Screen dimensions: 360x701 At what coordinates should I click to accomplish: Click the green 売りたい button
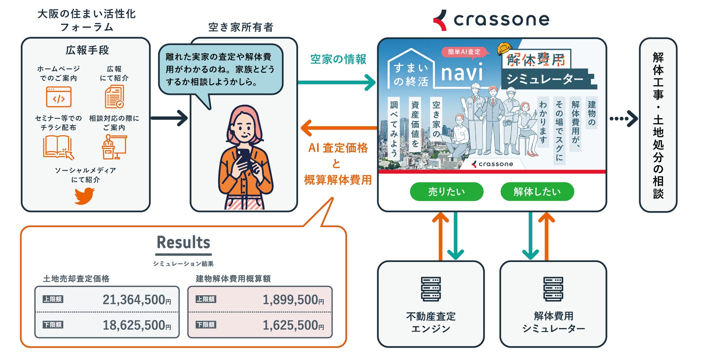(x=446, y=191)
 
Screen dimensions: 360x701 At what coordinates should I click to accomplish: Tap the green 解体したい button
(x=537, y=191)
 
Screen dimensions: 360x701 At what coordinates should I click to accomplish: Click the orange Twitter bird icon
(x=84, y=196)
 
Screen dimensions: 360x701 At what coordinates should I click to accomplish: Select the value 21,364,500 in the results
(x=134, y=300)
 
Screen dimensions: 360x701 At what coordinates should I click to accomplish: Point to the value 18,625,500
(x=134, y=325)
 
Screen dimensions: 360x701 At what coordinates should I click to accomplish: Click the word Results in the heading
(x=183, y=243)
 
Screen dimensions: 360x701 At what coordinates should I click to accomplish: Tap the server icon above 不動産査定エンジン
(x=431, y=289)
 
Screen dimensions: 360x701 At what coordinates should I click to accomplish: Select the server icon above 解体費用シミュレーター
(x=553, y=289)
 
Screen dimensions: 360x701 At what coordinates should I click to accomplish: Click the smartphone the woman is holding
(x=244, y=158)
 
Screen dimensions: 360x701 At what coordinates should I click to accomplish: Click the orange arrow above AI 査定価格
(x=338, y=128)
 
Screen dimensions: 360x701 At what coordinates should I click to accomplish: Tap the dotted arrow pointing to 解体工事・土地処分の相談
(x=623, y=119)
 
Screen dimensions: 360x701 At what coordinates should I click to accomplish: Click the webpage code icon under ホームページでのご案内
(x=59, y=97)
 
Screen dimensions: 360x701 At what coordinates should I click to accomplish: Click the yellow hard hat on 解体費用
(x=504, y=49)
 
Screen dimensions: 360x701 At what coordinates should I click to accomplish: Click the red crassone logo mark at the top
(x=440, y=20)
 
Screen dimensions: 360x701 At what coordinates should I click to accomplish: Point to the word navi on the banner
(x=462, y=73)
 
